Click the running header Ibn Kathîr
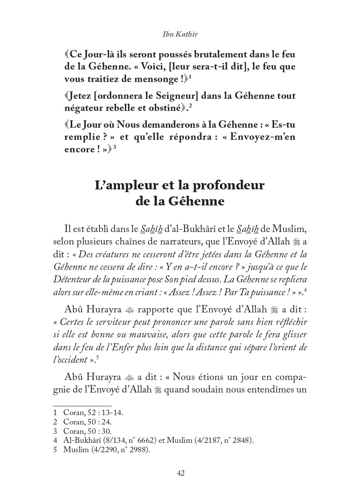pyautogui.click(x=180, y=34)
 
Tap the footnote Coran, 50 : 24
pyautogui.click(x=87, y=422)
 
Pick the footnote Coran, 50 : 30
pyautogui.click(x=87, y=431)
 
